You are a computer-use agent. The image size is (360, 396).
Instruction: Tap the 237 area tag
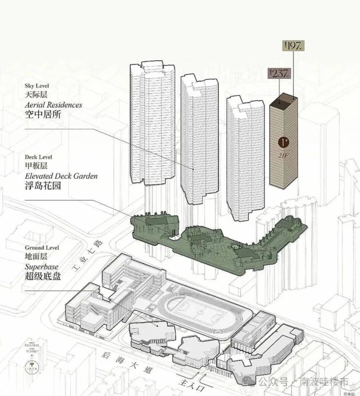pos(279,74)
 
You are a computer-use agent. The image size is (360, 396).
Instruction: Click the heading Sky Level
pos(37,85)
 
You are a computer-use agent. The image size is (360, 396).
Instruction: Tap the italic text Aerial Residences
pos(54,105)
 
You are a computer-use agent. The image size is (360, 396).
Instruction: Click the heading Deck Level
pos(38,157)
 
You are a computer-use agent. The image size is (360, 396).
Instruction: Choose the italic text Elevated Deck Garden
pos(61,176)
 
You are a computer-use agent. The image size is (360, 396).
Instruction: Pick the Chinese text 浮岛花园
pos(43,186)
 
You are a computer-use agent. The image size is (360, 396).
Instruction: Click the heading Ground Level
pos(42,247)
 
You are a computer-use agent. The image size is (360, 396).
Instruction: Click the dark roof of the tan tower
pos(283,102)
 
